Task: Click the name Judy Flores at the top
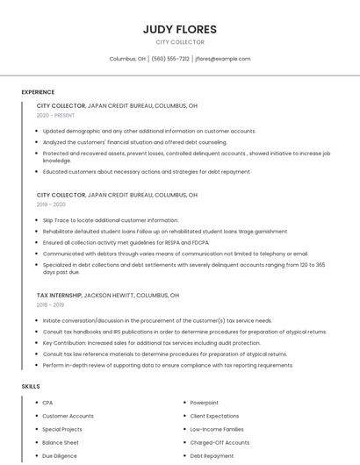coord(179,29)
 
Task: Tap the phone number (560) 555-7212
coord(170,59)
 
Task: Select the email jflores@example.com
coord(223,59)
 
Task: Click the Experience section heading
coord(38,92)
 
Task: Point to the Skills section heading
coord(30,386)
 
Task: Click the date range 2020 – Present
coord(55,115)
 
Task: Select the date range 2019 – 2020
coord(51,204)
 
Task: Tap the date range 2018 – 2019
coord(51,305)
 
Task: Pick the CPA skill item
coord(47,403)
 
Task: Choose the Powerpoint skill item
coord(204,403)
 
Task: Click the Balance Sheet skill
coord(61,443)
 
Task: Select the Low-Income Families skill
coord(217,430)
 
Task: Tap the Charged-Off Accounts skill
coord(220,443)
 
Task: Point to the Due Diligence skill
coord(60,456)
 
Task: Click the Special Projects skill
coord(62,430)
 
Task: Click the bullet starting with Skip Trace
coord(110,220)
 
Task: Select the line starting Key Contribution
coord(151,343)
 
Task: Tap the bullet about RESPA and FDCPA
coord(126,242)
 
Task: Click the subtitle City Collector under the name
coord(179,42)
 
